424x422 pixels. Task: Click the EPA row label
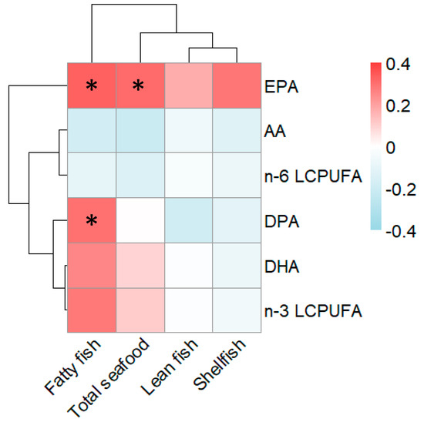click(278, 86)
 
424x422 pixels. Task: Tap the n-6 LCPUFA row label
click(306, 176)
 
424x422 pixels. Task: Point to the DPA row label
click(279, 221)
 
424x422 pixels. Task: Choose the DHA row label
click(279, 266)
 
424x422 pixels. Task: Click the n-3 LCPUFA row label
click(306, 311)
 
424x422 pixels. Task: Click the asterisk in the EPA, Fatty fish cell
click(92, 87)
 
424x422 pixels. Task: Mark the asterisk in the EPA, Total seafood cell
click(138, 87)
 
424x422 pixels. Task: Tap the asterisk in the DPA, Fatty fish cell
click(92, 222)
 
